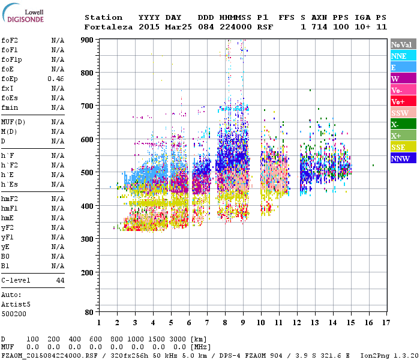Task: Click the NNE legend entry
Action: [403, 56]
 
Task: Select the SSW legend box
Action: [403, 113]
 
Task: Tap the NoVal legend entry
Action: [403, 44]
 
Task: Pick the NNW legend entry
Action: [403, 158]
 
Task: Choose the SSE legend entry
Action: [403, 147]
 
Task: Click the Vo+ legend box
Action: [403, 101]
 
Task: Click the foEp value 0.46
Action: [56, 79]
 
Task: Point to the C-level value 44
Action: [60, 280]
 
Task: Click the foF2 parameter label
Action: [9, 40]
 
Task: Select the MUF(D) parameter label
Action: [13, 122]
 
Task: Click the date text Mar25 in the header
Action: [178, 27]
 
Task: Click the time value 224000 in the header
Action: [235, 27]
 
